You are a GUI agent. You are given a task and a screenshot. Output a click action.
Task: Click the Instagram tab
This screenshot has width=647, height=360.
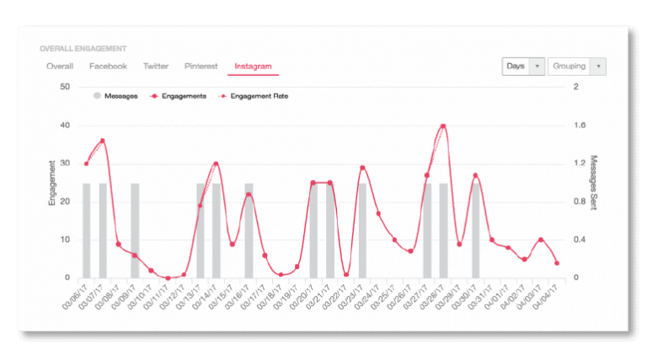tap(254, 66)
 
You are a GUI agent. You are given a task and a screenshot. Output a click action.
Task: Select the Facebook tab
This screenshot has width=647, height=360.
tap(108, 66)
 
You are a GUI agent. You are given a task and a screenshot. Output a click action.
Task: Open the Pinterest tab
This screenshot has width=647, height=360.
tap(201, 66)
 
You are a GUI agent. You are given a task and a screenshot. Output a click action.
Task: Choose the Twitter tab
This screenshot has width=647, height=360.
tap(156, 66)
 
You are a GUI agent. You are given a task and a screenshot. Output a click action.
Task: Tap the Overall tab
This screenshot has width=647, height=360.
tap(60, 66)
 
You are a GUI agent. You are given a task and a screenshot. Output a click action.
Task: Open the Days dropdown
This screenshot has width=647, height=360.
tap(523, 67)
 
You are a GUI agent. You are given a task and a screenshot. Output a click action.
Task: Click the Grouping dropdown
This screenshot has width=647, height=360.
tap(577, 67)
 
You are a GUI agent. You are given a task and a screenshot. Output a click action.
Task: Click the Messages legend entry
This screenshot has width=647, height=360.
tap(115, 96)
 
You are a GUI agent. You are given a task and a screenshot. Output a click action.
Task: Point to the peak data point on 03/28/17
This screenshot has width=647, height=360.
tap(443, 126)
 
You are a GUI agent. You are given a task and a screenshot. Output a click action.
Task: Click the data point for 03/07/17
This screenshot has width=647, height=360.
tap(103, 141)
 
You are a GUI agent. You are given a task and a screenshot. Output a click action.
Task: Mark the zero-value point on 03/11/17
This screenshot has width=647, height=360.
tap(168, 277)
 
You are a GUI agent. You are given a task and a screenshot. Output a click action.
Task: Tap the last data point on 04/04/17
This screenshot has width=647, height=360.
tap(557, 263)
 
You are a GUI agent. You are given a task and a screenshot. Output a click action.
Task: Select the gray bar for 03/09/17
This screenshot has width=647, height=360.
tap(135, 230)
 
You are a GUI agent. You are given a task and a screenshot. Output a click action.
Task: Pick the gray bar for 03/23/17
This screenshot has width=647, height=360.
tap(362, 230)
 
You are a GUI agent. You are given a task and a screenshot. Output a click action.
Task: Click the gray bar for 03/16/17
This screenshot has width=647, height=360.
tap(249, 230)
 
